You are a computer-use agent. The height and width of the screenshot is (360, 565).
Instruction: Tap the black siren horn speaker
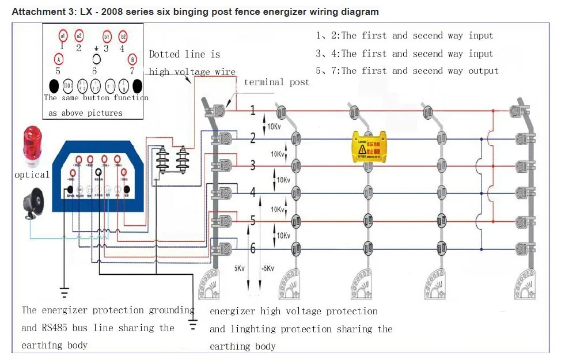tap(34, 206)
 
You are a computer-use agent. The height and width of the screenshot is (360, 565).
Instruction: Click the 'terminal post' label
tap(276, 82)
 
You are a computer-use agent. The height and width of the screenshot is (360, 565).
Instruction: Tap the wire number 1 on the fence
tap(252, 111)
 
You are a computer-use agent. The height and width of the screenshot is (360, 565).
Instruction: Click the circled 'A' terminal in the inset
tap(58, 59)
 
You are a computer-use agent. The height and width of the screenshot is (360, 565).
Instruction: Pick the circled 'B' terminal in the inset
tap(132, 59)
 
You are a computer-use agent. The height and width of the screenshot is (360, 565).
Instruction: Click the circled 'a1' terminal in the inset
tap(63, 36)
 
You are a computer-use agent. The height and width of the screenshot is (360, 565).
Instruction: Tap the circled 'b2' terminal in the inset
tap(123, 36)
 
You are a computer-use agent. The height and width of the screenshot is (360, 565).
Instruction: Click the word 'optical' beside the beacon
tap(32, 175)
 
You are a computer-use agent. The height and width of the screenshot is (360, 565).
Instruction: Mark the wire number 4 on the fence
tap(252, 192)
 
